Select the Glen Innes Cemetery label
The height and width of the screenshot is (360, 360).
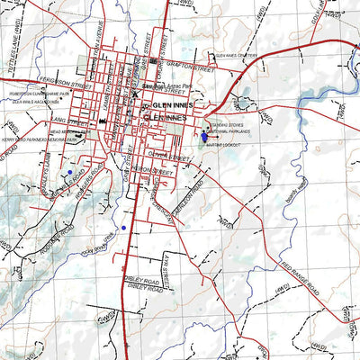tap(236, 55)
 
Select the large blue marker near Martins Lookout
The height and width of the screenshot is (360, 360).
tap(204, 137)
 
